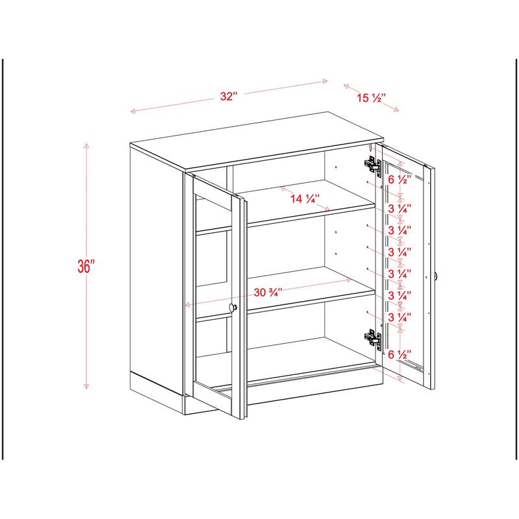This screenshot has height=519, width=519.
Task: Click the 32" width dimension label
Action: [228, 97]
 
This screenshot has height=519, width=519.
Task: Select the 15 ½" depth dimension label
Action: [371, 98]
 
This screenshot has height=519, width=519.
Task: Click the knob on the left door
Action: [234, 308]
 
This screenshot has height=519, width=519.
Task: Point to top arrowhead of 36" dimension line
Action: [86, 145]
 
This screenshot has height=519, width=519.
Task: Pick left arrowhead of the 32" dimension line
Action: [132, 112]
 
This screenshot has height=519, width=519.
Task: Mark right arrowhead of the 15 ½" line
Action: [398, 110]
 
